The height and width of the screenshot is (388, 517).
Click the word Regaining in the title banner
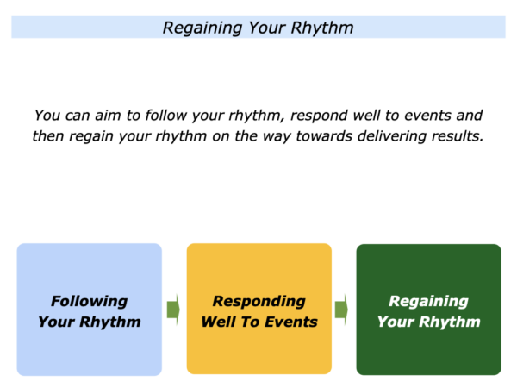click(x=202, y=28)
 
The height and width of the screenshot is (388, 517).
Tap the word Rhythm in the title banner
click(x=322, y=28)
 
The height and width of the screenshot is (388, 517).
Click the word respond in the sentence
click(x=319, y=116)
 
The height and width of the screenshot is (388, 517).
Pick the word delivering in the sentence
click(x=392, y=136)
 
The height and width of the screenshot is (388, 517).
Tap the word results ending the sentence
click(x=458, y=136)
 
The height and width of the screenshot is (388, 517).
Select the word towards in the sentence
click(x=324, y=136)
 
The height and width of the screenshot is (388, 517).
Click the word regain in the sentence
click(x=91, y=137)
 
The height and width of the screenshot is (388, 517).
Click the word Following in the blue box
click(x=90, y=302)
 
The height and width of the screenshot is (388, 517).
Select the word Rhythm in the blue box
click(x=110, y=322)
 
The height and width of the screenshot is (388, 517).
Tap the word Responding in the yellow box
click(x=259, y=302)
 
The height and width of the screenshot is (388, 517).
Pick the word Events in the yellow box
click(x=291, y=322)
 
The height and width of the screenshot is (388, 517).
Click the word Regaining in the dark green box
click(x=428, y=302)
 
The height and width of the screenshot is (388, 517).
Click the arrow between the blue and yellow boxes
click(x=173, y=310)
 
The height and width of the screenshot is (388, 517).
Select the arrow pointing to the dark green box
click(x=341, y=310)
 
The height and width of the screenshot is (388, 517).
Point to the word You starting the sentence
click(x=47, y=116)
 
